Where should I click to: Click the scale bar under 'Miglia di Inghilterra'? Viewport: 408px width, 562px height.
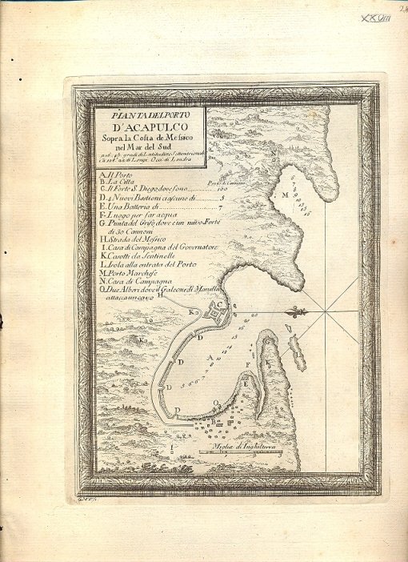coord(240,452)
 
